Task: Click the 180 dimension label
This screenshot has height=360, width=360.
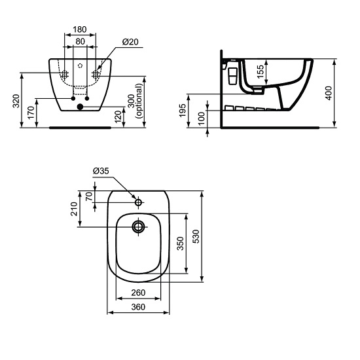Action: click(x=80, y=29)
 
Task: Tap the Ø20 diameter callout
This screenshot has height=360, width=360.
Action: click(x=129, y=42)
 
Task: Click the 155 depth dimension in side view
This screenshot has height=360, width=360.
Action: click(x=261, y=71)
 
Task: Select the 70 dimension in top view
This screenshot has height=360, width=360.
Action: click(x=90, y=197)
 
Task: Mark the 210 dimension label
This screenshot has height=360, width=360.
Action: click(x=75, y=209)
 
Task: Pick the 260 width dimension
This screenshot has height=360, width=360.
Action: click(x=138, y=293)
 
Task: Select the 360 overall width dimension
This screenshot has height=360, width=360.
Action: click(x=138, y=306)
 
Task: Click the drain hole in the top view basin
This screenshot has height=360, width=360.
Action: click(x=139, y=227)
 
